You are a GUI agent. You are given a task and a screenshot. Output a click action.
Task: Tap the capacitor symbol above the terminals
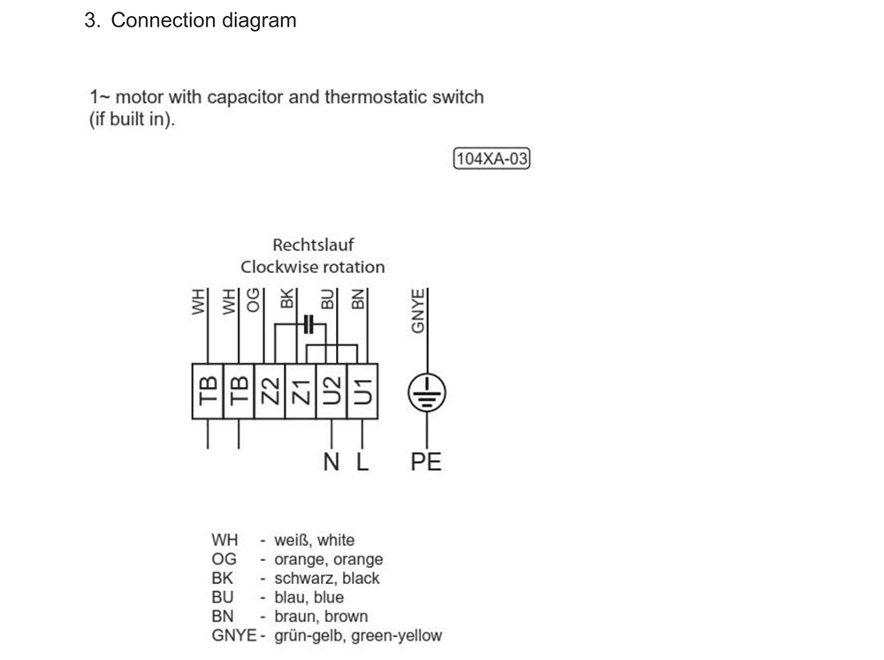(x=308, y=324)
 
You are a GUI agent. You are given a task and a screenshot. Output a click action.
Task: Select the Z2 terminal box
(x=270, y=390)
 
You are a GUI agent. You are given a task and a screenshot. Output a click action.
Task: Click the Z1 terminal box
(x=301, y=390)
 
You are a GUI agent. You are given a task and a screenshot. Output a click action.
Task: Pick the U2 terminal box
(x=331, y=390)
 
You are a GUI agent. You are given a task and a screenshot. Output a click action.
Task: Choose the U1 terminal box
(x=362, y=390)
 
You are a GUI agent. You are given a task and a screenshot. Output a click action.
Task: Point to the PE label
(x=426, y=461)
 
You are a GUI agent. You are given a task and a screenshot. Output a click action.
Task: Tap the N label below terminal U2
(x=331, y=461)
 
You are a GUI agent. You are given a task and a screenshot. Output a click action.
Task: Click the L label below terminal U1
(x=362, y=461)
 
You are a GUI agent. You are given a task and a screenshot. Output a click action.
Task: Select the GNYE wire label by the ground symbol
(x=419, y=310)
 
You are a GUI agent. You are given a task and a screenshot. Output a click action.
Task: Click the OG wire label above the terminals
(x=255, y=301)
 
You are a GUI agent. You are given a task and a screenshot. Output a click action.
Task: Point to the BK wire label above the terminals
(x=286, y=300)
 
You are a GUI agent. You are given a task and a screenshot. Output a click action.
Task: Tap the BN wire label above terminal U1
(x=357, y=300)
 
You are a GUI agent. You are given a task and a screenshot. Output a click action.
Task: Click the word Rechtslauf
(x=313, y=245)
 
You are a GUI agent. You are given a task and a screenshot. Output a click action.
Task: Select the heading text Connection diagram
(x=203, y=20)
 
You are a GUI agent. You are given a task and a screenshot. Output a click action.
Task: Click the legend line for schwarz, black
(x=295, y=578)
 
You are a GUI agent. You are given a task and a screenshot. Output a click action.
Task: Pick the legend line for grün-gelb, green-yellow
(x=326, y=635)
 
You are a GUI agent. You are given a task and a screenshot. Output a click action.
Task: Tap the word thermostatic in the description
(x=375, y=96)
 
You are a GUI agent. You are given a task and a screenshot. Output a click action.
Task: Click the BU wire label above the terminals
(x=327, y=300)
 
